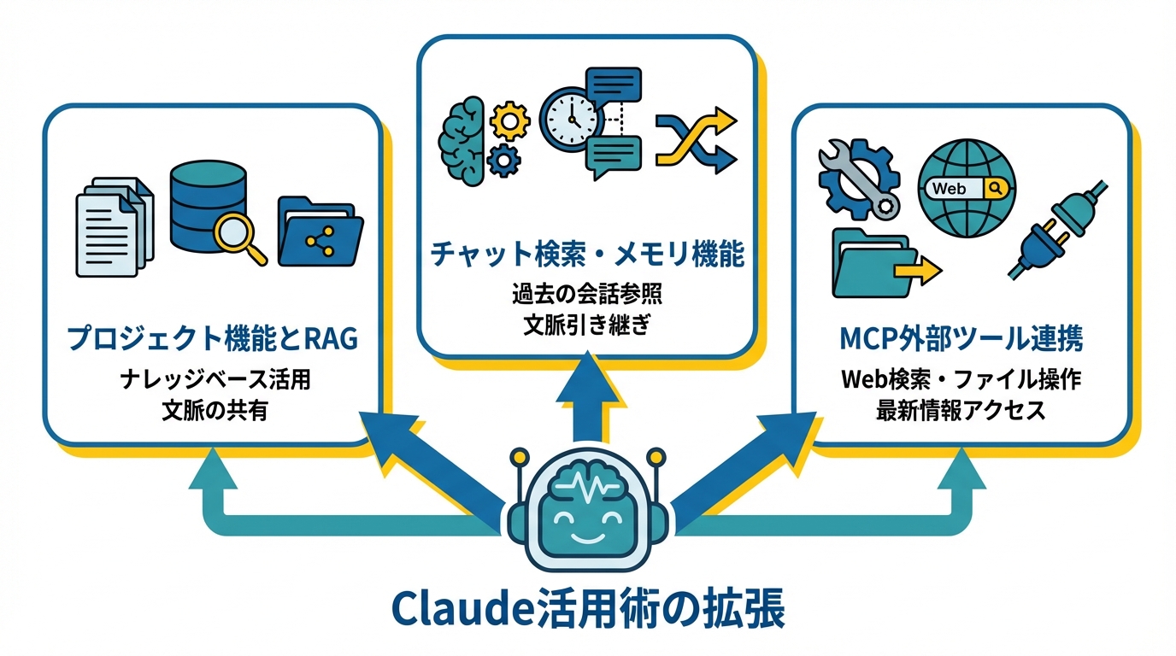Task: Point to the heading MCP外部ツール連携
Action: (961, 339)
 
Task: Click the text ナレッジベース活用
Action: (214, 380)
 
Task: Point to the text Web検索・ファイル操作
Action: (961, 380)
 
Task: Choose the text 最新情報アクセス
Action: (961, 410)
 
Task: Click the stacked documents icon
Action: (115, 226)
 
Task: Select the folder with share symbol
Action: (320, 234)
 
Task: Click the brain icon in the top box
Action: (462, 138)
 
